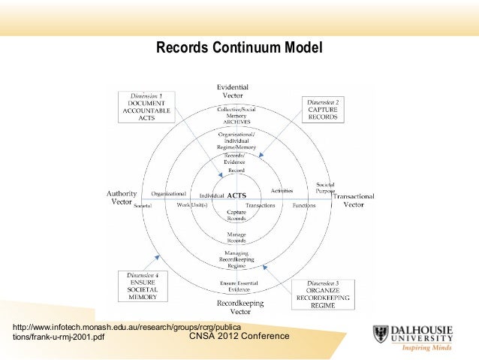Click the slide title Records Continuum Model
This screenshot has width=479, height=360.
tap(239, 49)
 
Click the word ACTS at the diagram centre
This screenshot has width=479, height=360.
tap(237, 195)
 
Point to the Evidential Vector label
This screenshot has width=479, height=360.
tap(233, 92)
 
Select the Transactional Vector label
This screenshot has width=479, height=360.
tap(356, 199)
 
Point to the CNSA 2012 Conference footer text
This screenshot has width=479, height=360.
tap(239, 335)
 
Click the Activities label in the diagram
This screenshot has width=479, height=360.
tap(282, 191)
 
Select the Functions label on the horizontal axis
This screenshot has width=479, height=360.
tap(304, 204)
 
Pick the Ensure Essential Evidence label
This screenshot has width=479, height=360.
tap(239, 285)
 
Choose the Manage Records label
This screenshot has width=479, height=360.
tap(236, 237)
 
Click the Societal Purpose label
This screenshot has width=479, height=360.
tap(325, 187)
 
